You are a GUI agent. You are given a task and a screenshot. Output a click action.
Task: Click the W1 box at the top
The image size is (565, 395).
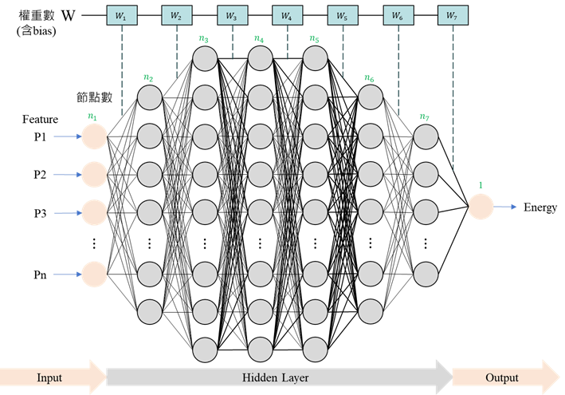(x=122, y=14)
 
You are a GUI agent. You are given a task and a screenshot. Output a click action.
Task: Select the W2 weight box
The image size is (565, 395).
(x=177, y=14)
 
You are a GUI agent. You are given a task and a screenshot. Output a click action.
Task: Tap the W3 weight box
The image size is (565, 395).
(x=232, y=14)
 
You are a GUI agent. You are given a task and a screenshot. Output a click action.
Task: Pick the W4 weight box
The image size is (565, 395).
(x=287, y=14)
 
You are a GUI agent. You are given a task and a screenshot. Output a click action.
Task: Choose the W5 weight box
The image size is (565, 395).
(x=342, y=14)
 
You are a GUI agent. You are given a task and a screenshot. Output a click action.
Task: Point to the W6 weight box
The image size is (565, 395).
(x=398, y=14)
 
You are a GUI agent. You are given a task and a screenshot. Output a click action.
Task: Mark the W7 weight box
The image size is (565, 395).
(x=453, y=14)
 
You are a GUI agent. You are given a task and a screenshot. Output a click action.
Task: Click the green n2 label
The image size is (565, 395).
(x=148, y=77)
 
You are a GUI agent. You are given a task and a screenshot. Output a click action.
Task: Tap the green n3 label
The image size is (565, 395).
(x=204, y=38)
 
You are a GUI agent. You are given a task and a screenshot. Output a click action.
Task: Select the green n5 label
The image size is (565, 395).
(x=314, y=38)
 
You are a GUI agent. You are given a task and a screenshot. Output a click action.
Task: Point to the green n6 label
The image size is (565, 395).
(x=369, y=77)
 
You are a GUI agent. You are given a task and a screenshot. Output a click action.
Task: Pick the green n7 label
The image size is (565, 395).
(x=425, y=117)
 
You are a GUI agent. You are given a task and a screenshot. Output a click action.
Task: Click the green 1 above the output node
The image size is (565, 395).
(x=481, y=185)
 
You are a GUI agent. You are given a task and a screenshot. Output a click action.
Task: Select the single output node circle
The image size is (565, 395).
(x=481, y=207)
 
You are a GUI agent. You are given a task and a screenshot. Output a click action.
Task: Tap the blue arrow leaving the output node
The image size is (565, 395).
(x=506, y=207)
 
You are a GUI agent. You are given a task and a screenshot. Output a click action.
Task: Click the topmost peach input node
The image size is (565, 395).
(x=94, y=136)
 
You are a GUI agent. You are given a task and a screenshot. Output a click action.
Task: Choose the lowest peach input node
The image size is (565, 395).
(x=94, y=275)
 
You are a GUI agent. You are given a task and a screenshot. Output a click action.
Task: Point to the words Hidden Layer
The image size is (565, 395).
(x=276, y=377)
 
